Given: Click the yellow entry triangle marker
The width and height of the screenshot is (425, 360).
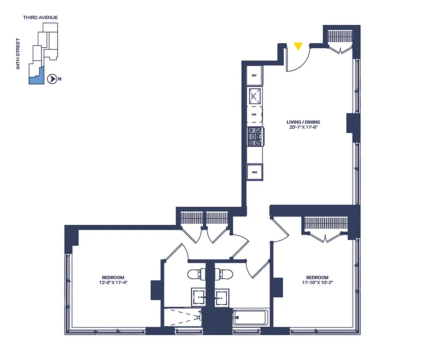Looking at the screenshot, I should click(x=298, y=46).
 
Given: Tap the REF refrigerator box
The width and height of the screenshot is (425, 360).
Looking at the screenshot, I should click(x=254, y=76).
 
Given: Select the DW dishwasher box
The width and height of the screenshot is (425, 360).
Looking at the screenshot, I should click(x=254, y=115).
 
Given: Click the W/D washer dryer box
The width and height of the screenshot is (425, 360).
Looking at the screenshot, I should click(x=254, y=172).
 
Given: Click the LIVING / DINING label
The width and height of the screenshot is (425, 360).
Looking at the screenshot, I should click(x=304, y=122).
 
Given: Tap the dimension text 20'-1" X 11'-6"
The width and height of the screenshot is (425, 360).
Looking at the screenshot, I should click(x=304, y=127).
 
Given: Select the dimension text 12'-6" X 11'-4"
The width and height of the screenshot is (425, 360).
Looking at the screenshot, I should click(x=113, y=283).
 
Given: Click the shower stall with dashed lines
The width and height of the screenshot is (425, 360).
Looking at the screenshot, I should click(x=182, y=317).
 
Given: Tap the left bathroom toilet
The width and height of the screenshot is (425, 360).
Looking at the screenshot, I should click(x=196, y=274).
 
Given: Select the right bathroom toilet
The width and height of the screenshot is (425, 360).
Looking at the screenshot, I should click(x=223, y=274).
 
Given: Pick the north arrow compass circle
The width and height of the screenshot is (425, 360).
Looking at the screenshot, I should click(x=52, y=79).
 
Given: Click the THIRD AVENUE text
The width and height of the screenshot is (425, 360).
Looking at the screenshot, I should click(x=40, y=18).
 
